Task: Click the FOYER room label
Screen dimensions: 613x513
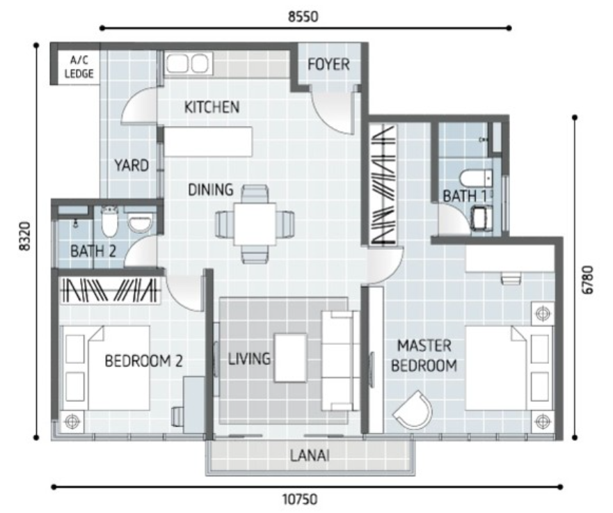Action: point(328,65)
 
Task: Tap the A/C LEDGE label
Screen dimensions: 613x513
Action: point(79,67)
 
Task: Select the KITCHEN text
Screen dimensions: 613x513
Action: point(212,107)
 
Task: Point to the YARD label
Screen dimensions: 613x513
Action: point(132,166)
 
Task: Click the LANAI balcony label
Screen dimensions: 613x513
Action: point(310,455)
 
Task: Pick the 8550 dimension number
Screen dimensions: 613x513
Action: point(303,17)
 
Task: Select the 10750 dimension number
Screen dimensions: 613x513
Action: point(300,499)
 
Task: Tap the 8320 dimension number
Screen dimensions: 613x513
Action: point(26,236)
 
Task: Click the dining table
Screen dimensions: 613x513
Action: point(255,224)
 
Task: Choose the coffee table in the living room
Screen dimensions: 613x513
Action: point(290,357)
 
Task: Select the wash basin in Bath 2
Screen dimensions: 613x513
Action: point(140,224)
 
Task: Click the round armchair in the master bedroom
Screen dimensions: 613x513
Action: point(413,410)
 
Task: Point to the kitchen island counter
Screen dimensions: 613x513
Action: point(207,141)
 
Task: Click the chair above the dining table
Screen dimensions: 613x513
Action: point(255,194)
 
